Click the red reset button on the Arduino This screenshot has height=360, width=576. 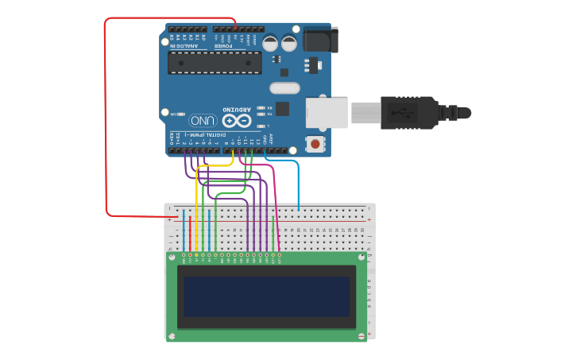(315, 144)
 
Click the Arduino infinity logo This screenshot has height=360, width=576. (236, 121)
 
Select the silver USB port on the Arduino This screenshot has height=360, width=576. (327, 112)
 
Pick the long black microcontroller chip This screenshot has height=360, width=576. (215, 63)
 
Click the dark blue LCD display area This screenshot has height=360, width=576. (266, 296)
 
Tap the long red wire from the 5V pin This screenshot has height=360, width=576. (106, 119)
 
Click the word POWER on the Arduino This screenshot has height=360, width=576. (223, 45)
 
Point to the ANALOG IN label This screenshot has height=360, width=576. (184, 45)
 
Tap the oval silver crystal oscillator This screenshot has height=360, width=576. (285, 88)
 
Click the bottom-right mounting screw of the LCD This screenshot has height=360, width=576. (364, 336)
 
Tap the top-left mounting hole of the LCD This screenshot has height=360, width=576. (170, 257)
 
